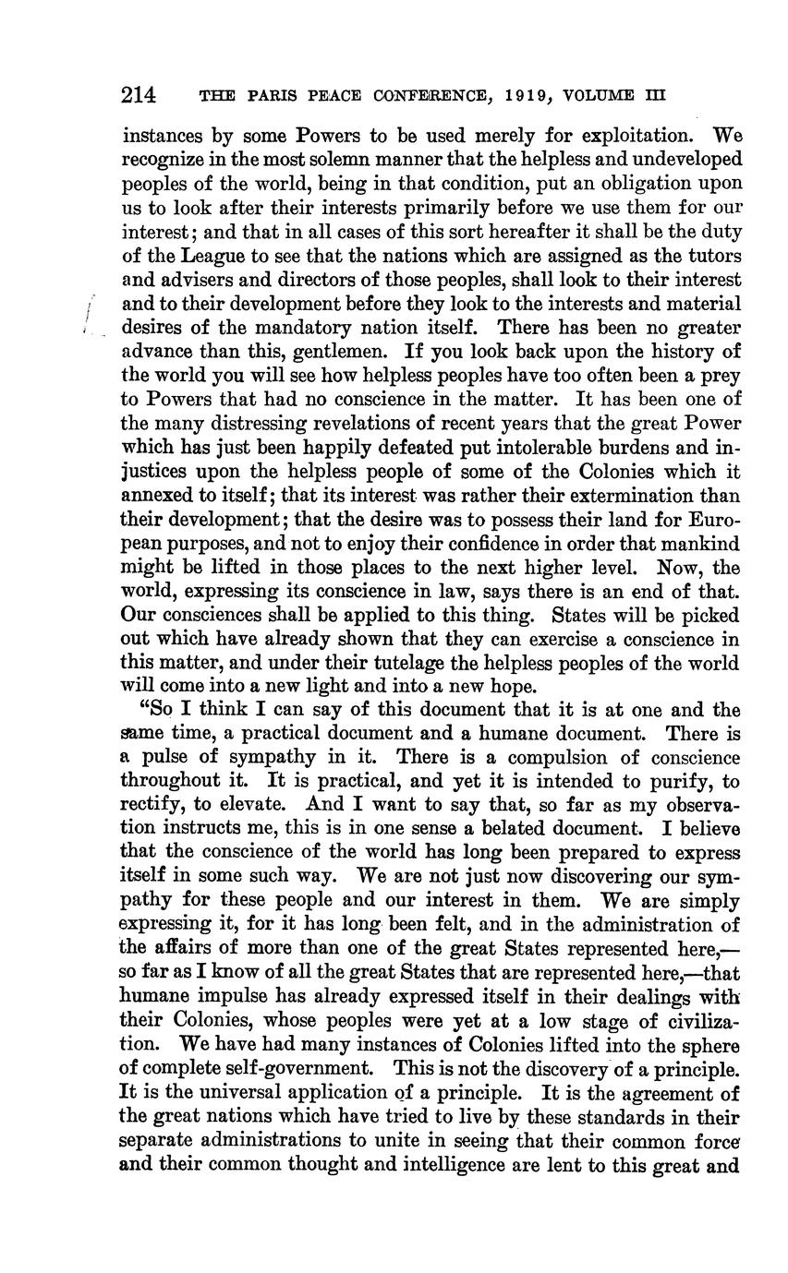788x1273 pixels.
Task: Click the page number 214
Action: [x=139, y=95]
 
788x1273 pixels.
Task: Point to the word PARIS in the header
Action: [x=272, y=95]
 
